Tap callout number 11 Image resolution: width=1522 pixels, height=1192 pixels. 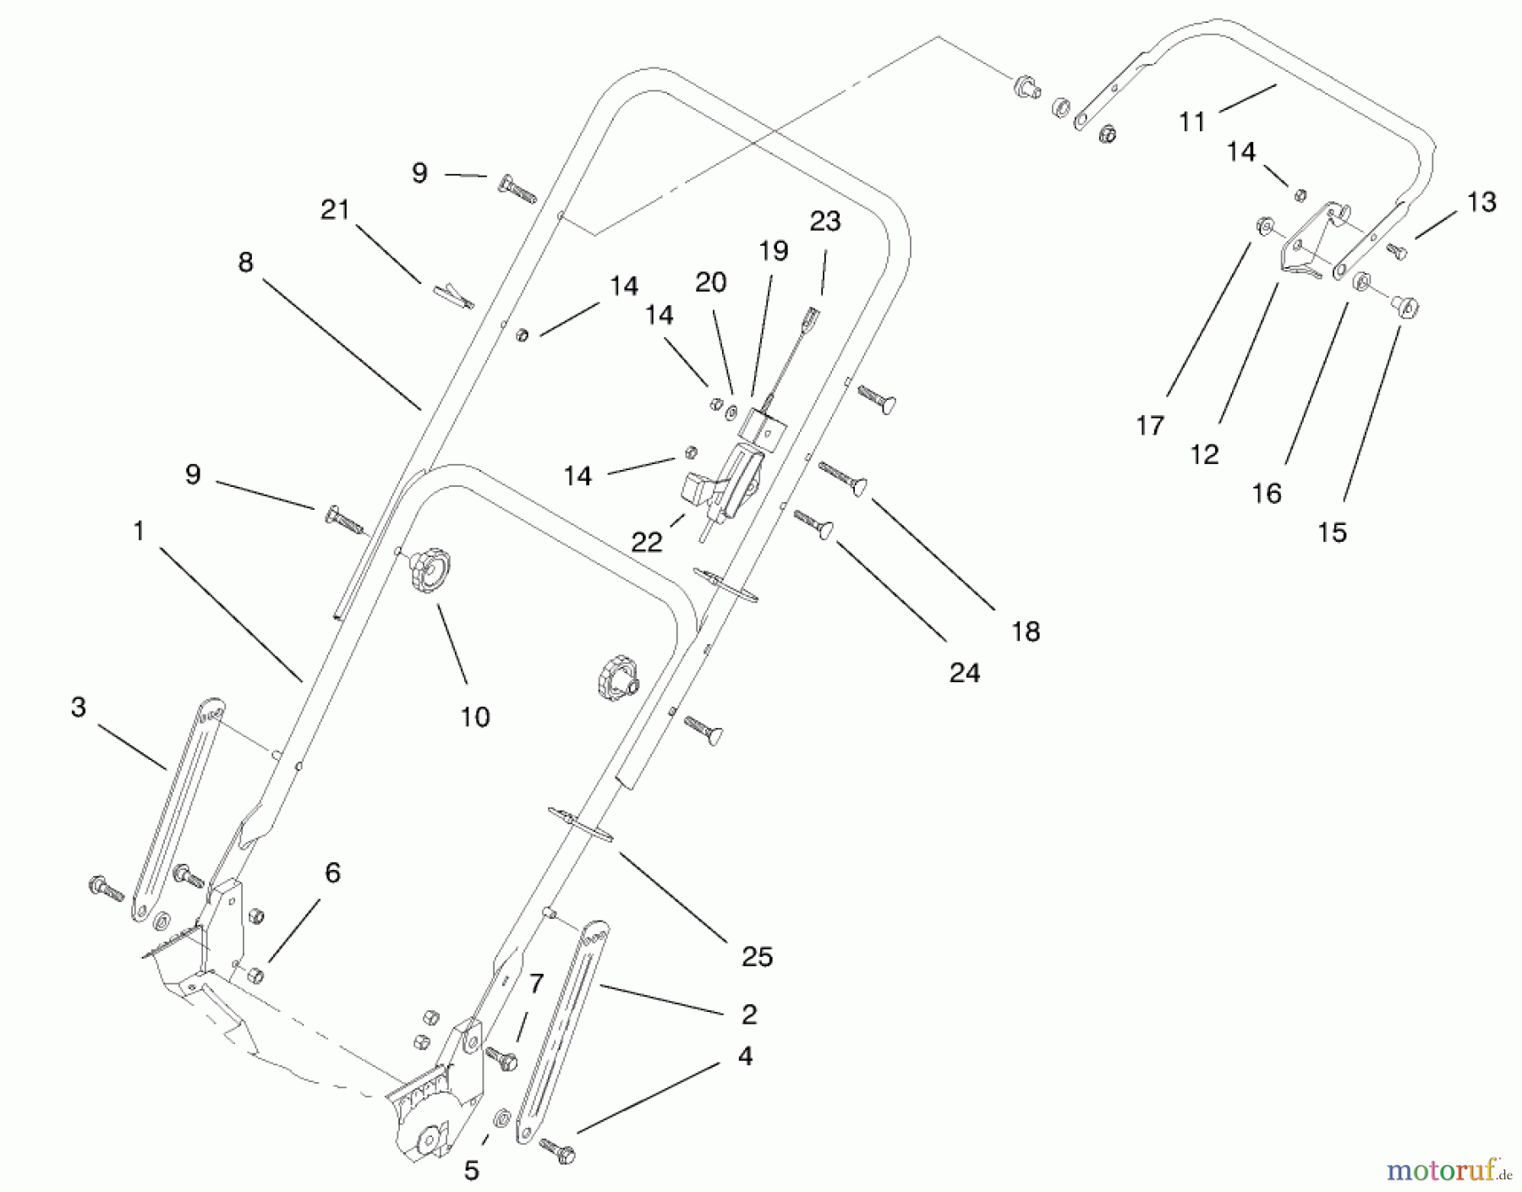point(1191,123)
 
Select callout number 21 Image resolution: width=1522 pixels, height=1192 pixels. point(335,210)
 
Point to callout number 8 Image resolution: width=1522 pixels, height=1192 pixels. point(245,263)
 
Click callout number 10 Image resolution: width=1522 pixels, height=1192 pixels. point(474,717)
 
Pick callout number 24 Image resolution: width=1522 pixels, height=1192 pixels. point(964,673)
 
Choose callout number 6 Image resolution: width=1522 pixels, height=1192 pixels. point(332,872)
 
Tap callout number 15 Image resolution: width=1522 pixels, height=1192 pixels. point(1332,532)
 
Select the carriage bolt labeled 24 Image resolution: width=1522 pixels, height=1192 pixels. point(815,522)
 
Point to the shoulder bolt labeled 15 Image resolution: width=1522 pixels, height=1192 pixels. point(1404,306)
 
